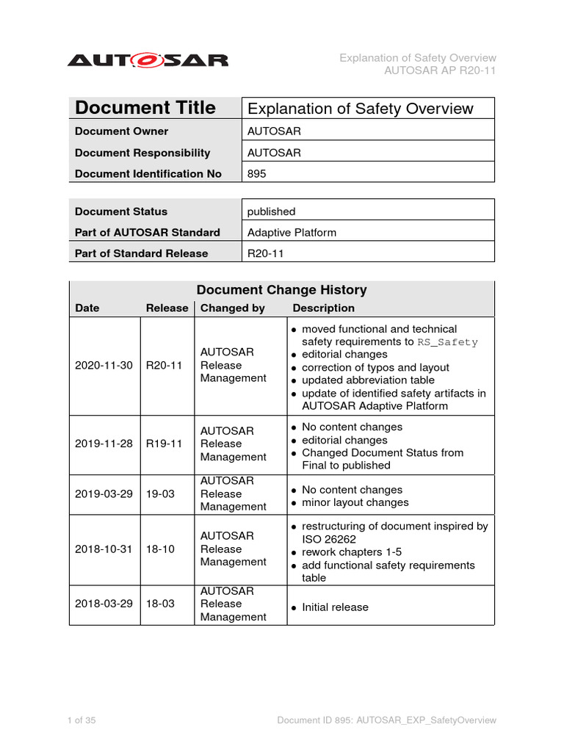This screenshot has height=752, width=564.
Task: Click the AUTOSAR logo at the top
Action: [x=148, y=60]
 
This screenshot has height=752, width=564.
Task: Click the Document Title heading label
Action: [x=145, y=108]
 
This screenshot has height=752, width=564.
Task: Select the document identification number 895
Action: [x=258, y=174]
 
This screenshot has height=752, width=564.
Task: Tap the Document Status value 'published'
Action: [x=272, y=211]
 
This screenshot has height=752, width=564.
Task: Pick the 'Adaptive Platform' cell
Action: [x=292, y=232]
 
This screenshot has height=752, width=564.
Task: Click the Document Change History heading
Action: [x=282, y=290]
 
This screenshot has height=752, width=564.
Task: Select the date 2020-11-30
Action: [x=104, y=365]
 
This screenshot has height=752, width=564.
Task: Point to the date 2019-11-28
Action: [x=104, y=444]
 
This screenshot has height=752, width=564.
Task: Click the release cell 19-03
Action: [x=160, y=493]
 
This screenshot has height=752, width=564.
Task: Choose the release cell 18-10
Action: [x=160, y=549]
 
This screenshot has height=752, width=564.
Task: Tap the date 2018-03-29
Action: [x=104, y=604]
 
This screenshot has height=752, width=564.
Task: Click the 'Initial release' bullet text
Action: [x=335, y=607]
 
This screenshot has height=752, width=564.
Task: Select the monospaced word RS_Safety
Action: [x=447, y=342]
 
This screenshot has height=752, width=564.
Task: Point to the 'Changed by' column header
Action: [x=233, y=308]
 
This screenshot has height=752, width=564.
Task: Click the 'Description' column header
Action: [x=323, y=308]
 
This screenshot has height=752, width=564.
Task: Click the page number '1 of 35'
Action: [x=82, y=720]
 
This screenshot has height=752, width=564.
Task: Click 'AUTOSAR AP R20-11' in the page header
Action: [x=440, y=70]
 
